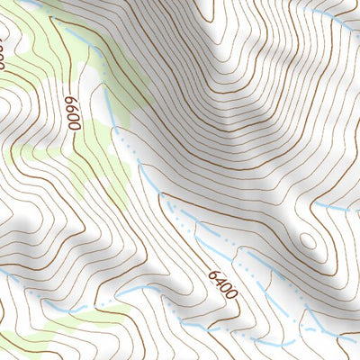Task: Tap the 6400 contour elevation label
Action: tap(222, 283)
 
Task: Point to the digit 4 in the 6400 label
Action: tap(219, 280)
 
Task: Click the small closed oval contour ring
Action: tap(308, 240)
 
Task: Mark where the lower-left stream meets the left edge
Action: tap(2, 270)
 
